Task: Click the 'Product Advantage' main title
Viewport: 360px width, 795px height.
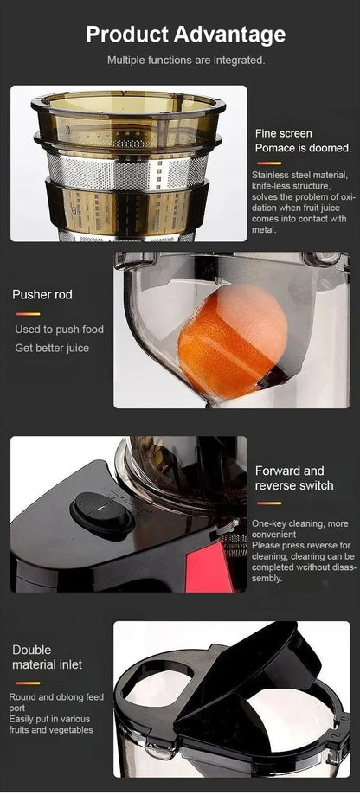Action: (x=185, y=35)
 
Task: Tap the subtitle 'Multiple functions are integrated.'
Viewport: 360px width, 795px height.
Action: (x=185, y=61)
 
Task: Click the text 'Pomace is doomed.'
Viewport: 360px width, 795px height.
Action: (x=302, y=149)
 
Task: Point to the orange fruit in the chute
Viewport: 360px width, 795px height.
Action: (x=232, y=340)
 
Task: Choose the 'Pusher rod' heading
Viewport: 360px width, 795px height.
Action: (x=42, y=295)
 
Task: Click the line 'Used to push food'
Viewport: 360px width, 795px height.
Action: (x=59, y=330)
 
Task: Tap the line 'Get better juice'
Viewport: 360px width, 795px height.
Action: (x=52, y=348)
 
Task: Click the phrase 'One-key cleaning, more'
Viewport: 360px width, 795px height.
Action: (x=299, y=524)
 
